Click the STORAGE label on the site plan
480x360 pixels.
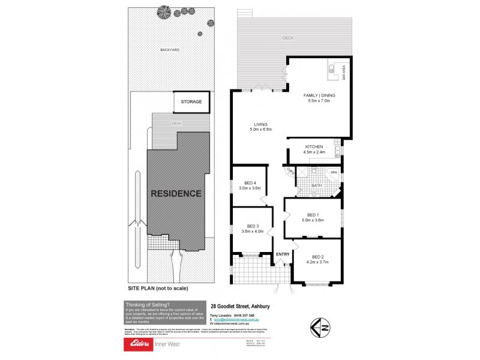coord(192,102)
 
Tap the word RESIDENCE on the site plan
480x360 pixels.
coord(176,194)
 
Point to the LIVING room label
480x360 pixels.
coord(260,125)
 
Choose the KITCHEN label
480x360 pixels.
coord(314,147)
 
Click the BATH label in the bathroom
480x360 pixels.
coord(317,185)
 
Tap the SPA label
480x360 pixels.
coord(334,173)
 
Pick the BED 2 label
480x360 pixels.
coord(316,256)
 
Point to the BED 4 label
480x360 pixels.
coord(250,183)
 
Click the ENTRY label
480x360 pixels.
coord(283,254)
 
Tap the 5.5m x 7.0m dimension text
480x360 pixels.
coord(319,101)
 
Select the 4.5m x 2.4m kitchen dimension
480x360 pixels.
coord(314,152)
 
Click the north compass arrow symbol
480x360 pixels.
coord(320,326)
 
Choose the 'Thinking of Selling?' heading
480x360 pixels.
coord(147,304)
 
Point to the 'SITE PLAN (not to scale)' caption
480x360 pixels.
coord(158,288)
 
